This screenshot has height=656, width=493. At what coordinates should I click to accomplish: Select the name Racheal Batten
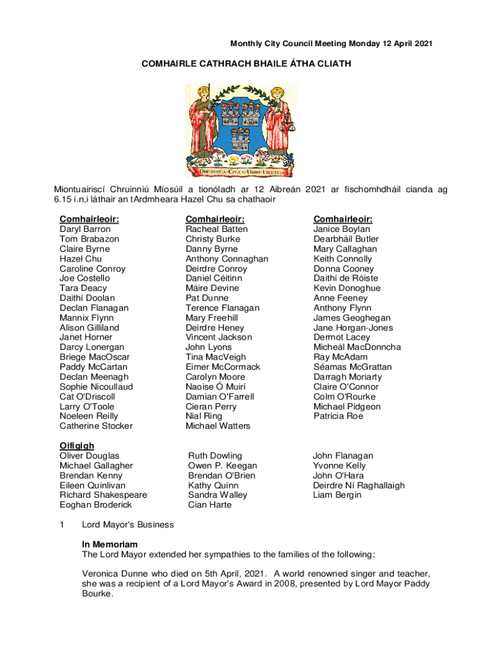[x=216, y=229]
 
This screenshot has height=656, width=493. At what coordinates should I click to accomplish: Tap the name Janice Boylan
[x=341, y=229]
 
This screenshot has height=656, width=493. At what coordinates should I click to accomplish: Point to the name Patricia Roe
[x=338, y=416]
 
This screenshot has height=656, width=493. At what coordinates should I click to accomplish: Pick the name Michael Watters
[x=218, y=426]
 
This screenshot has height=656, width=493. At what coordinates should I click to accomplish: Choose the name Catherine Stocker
[x=96, y=426]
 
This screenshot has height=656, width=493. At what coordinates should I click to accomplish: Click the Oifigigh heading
[x=77, y=446]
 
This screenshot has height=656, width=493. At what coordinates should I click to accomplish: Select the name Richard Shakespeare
[x=103, y=495]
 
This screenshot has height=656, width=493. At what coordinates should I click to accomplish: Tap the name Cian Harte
[x=210, y=505]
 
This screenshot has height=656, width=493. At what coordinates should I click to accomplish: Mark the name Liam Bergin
[x=337, y=495]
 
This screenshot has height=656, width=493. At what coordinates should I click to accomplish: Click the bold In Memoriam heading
[x=110, y=545]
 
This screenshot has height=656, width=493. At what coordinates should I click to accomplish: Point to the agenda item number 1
[x=62, y=525]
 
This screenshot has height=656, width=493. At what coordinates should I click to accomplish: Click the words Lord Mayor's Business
[x=128, y=525]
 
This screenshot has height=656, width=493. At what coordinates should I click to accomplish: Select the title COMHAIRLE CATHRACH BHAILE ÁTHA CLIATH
[x=246, y=64]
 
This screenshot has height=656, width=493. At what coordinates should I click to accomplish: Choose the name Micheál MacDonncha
[x=357, y=347]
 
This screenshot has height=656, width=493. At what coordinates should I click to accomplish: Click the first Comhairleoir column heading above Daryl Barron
[x=90, y=219]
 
